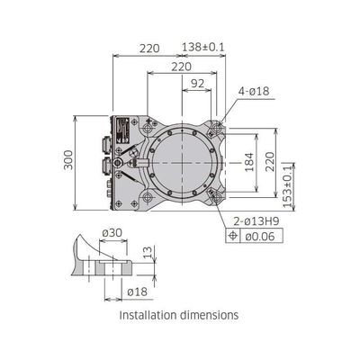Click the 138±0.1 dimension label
click(203, 47)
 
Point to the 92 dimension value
click(198, 84)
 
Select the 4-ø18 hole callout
click(254, 91)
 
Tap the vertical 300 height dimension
click(68, 160)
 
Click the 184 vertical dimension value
click(249, 162)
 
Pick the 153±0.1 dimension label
click(288, 186)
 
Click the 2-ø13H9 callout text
click(256, 221)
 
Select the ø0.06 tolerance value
click(260, 237)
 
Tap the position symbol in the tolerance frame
click(233, 236)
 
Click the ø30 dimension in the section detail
click(112, 232)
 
